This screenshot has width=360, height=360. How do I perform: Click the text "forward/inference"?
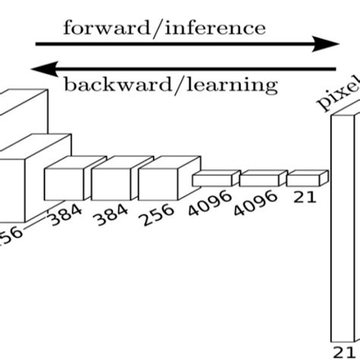[x=165, y=29]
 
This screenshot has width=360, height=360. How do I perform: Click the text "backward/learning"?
[x=170, y=84]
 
